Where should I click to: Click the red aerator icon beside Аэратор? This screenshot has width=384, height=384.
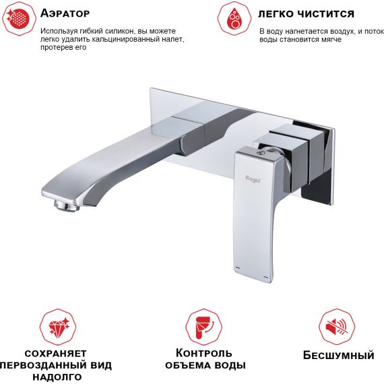tap(19, 19)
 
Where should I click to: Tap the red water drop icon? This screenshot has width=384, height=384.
tap(234, 19)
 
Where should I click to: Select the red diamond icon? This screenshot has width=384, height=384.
tap(58, 327)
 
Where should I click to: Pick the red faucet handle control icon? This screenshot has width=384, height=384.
tap(203, 327)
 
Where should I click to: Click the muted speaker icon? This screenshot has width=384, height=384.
tap(337, 327)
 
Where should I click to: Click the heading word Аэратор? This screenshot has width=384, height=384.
tap(65, 13)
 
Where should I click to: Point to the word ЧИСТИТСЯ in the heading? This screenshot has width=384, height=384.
tap(327, 14)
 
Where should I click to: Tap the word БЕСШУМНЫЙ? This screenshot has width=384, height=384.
tap(339, 355)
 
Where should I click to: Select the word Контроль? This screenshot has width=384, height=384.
tap(203, 353)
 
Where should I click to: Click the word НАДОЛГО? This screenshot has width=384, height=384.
tap(57, 377)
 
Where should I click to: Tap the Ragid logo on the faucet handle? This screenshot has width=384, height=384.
tap(253, 179)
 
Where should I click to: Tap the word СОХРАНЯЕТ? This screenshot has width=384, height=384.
tap(56, 354)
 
